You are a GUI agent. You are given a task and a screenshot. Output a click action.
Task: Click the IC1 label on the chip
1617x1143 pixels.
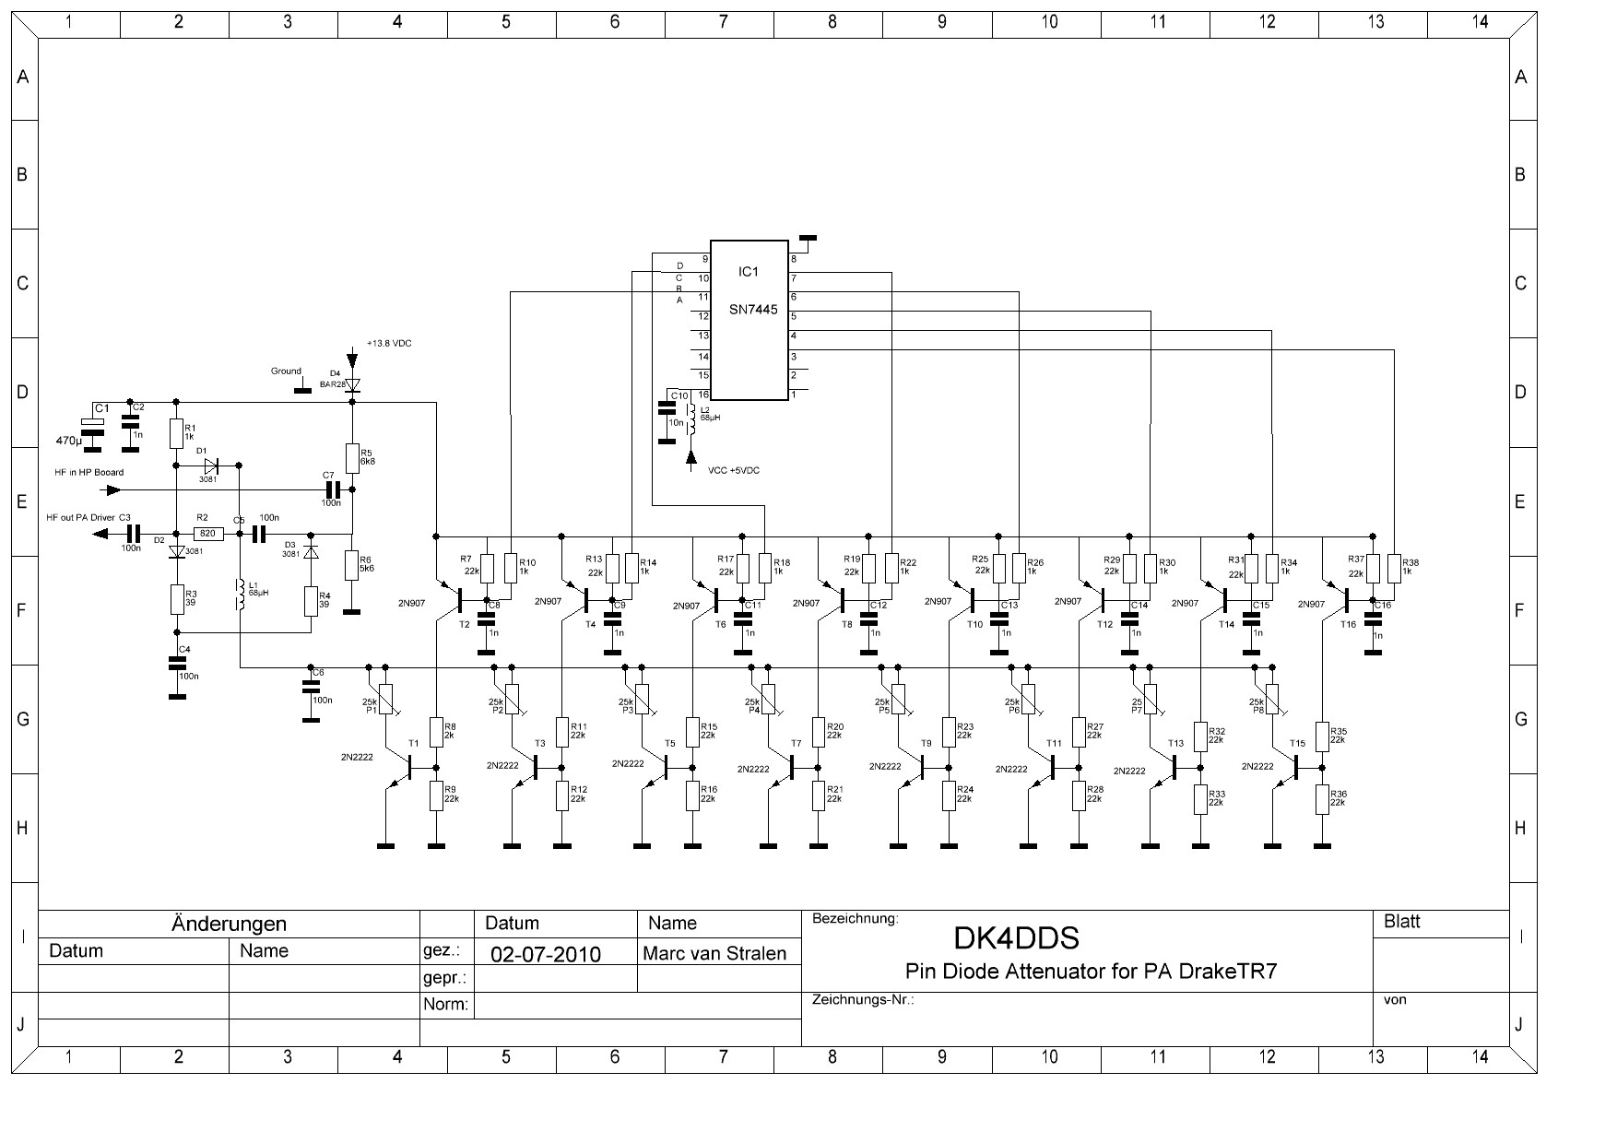tap(748, 272)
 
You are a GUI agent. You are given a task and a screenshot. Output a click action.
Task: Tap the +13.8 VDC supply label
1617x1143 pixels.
tap(389, 343)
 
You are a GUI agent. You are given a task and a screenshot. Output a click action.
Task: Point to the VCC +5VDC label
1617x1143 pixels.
tap(734, 470)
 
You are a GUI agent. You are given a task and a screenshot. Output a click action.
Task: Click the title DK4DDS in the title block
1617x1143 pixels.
tap(1016, 938)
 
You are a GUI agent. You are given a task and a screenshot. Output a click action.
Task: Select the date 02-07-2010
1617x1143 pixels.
tap(546, 954)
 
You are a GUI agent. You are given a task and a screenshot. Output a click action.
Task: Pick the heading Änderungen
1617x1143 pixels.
tap(229, 924)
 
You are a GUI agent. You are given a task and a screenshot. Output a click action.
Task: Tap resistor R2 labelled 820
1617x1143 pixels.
tap(207, 533)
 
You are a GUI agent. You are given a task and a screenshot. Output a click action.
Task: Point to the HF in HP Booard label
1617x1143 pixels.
tap(89, 473)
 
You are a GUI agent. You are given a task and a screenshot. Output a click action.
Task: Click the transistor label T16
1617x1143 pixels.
tap(1348, 624)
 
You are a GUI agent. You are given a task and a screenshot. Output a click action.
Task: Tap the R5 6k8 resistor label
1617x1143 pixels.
tap(366, 457)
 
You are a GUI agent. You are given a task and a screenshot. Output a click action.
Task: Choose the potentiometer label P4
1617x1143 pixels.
tap(753, 711)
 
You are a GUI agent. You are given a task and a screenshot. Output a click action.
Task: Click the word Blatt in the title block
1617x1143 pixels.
tap(1401, 922)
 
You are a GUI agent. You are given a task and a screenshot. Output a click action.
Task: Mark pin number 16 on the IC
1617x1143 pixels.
tap(703, 395)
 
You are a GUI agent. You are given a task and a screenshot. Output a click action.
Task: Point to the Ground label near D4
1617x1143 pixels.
tap(286, 371)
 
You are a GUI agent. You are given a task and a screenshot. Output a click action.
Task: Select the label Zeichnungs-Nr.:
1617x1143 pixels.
tap(862, 999)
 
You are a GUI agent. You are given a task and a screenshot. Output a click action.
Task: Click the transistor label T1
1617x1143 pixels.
tap(413, 743)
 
